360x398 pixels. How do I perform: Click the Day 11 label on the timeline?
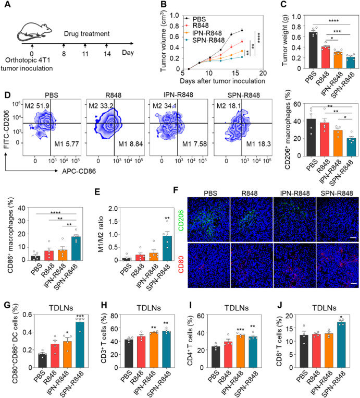pos(85,54)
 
